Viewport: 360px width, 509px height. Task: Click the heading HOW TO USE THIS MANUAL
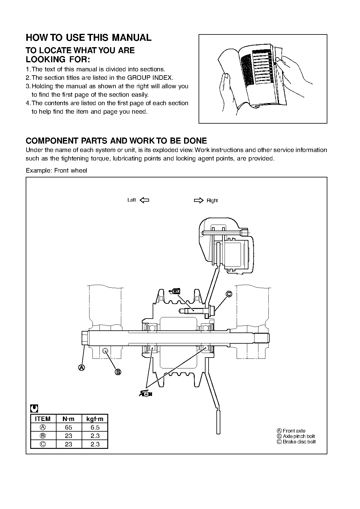89,37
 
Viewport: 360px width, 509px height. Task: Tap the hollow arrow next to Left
145,200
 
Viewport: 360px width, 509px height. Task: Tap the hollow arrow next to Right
199,200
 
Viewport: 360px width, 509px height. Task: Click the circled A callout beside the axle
82,368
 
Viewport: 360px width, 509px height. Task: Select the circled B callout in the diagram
118,372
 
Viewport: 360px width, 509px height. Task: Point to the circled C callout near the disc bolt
229,294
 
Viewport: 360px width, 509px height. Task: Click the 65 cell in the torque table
69,427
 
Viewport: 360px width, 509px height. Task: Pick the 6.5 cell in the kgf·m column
95,427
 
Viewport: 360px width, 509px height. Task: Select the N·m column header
69,419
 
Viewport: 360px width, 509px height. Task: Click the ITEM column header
43,419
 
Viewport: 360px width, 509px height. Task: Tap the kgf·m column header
95,419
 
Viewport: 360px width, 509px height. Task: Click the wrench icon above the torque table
34,409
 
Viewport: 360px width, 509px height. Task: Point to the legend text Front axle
294,431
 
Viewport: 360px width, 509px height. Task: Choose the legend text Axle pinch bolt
299,436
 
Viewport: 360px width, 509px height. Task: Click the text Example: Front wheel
57,170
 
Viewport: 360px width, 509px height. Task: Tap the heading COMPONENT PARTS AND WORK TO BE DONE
116,141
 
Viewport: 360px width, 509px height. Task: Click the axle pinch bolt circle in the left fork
105,351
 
